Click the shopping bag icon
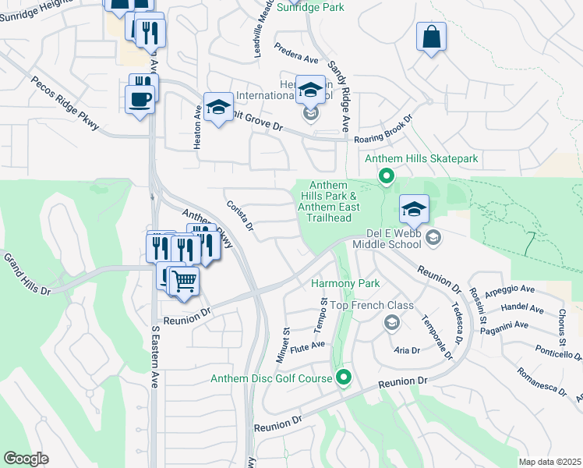[431, 37]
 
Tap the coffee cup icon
[140, 100]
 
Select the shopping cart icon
[185, 280]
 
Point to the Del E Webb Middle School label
[395, 239]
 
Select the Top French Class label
[372, 305]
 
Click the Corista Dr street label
[240, 214]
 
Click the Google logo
[26, 459]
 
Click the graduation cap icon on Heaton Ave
[218, 107]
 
